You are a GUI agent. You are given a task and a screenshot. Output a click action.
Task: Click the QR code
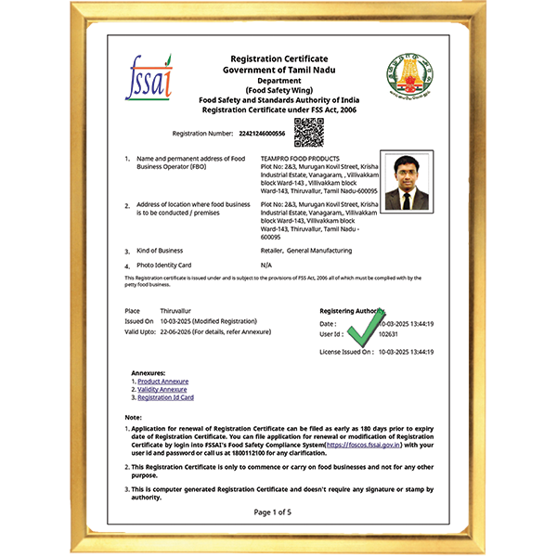(308, 133)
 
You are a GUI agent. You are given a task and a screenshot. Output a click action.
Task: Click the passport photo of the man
(407, 181)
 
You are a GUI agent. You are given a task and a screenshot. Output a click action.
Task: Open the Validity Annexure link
(162, 390)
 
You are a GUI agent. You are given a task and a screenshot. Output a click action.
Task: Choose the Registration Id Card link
(165, 397)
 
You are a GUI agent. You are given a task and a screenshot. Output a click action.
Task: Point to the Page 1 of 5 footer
(272, 512)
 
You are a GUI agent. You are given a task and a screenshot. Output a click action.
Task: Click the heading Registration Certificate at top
(266, 58)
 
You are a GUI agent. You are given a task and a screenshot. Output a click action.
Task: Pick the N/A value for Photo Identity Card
(266, 265)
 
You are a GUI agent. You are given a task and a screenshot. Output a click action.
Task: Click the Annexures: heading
(149, 372)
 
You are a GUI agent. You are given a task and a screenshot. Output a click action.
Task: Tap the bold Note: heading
(134, 418)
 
